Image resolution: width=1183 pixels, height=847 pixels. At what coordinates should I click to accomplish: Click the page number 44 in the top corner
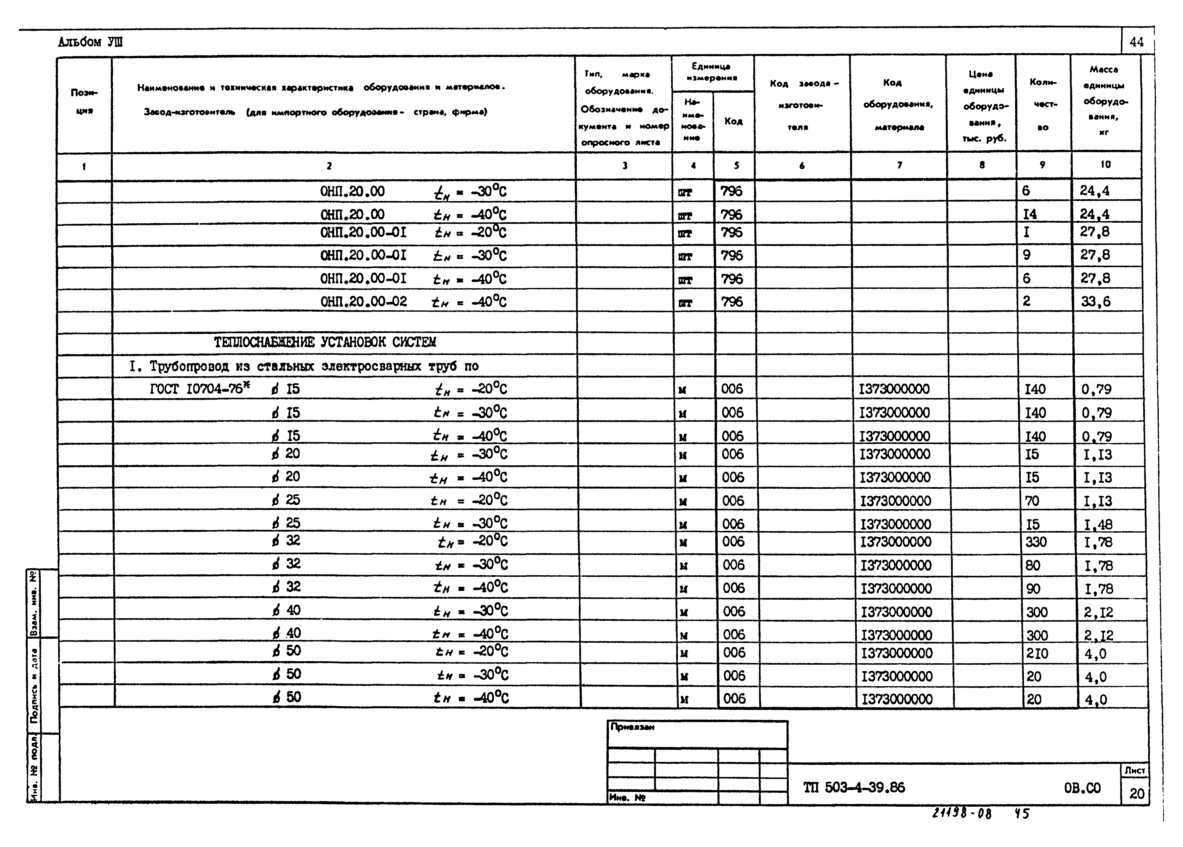pos(1137,42)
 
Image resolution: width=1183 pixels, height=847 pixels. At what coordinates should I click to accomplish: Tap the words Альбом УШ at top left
pos(90,42)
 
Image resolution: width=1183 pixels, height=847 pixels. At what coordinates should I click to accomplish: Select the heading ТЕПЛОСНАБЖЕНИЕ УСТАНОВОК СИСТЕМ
pos(325,342)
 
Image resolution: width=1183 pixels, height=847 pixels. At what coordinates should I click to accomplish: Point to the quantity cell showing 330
pos(1036,542)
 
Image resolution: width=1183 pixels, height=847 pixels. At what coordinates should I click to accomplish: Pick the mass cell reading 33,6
pos(1095,302)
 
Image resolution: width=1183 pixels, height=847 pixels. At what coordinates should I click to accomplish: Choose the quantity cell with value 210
pos(1037,653)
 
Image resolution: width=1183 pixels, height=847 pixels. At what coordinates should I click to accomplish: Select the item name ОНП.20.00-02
pos(363,302)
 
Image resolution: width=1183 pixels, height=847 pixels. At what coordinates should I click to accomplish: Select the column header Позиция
pos(84,102)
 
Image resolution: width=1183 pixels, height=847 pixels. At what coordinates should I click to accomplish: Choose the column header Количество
pos(1043,104)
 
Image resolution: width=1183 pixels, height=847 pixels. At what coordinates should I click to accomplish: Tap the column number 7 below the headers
pos(899,165)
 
